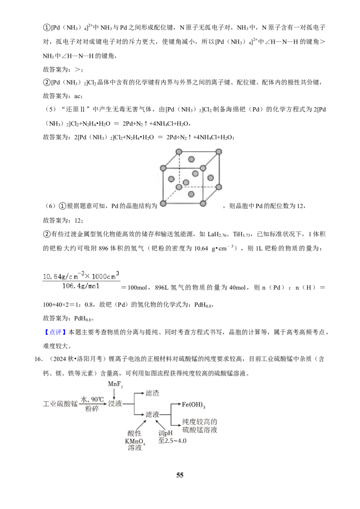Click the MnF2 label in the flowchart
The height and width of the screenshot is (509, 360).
click(115, 384)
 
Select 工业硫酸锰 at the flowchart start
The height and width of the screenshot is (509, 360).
click(60, 404)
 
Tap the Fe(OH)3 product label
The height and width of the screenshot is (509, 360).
click(193, 405)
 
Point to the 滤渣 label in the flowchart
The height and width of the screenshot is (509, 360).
click(152, 393)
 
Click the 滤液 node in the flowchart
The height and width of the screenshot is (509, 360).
click(152, 414)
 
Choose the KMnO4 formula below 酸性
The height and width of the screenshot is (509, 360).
click(135, 442)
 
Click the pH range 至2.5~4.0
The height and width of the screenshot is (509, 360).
click(172, 441)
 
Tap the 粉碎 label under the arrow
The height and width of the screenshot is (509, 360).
click(92, 409)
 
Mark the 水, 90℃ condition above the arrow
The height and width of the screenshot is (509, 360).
click(92, 399)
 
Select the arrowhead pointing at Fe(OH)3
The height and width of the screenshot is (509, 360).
click(179, 404)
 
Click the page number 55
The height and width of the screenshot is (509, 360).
click(180, 475)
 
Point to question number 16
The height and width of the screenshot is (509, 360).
click(38, 359)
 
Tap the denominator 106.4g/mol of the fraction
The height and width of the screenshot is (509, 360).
click(81, 286)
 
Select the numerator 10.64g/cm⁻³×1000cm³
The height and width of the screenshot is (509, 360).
click(81, 276)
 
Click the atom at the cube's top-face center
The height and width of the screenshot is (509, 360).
click(191, 159)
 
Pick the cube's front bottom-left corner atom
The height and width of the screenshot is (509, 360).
click(163, 204)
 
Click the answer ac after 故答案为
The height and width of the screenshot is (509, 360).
click(78, 96)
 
